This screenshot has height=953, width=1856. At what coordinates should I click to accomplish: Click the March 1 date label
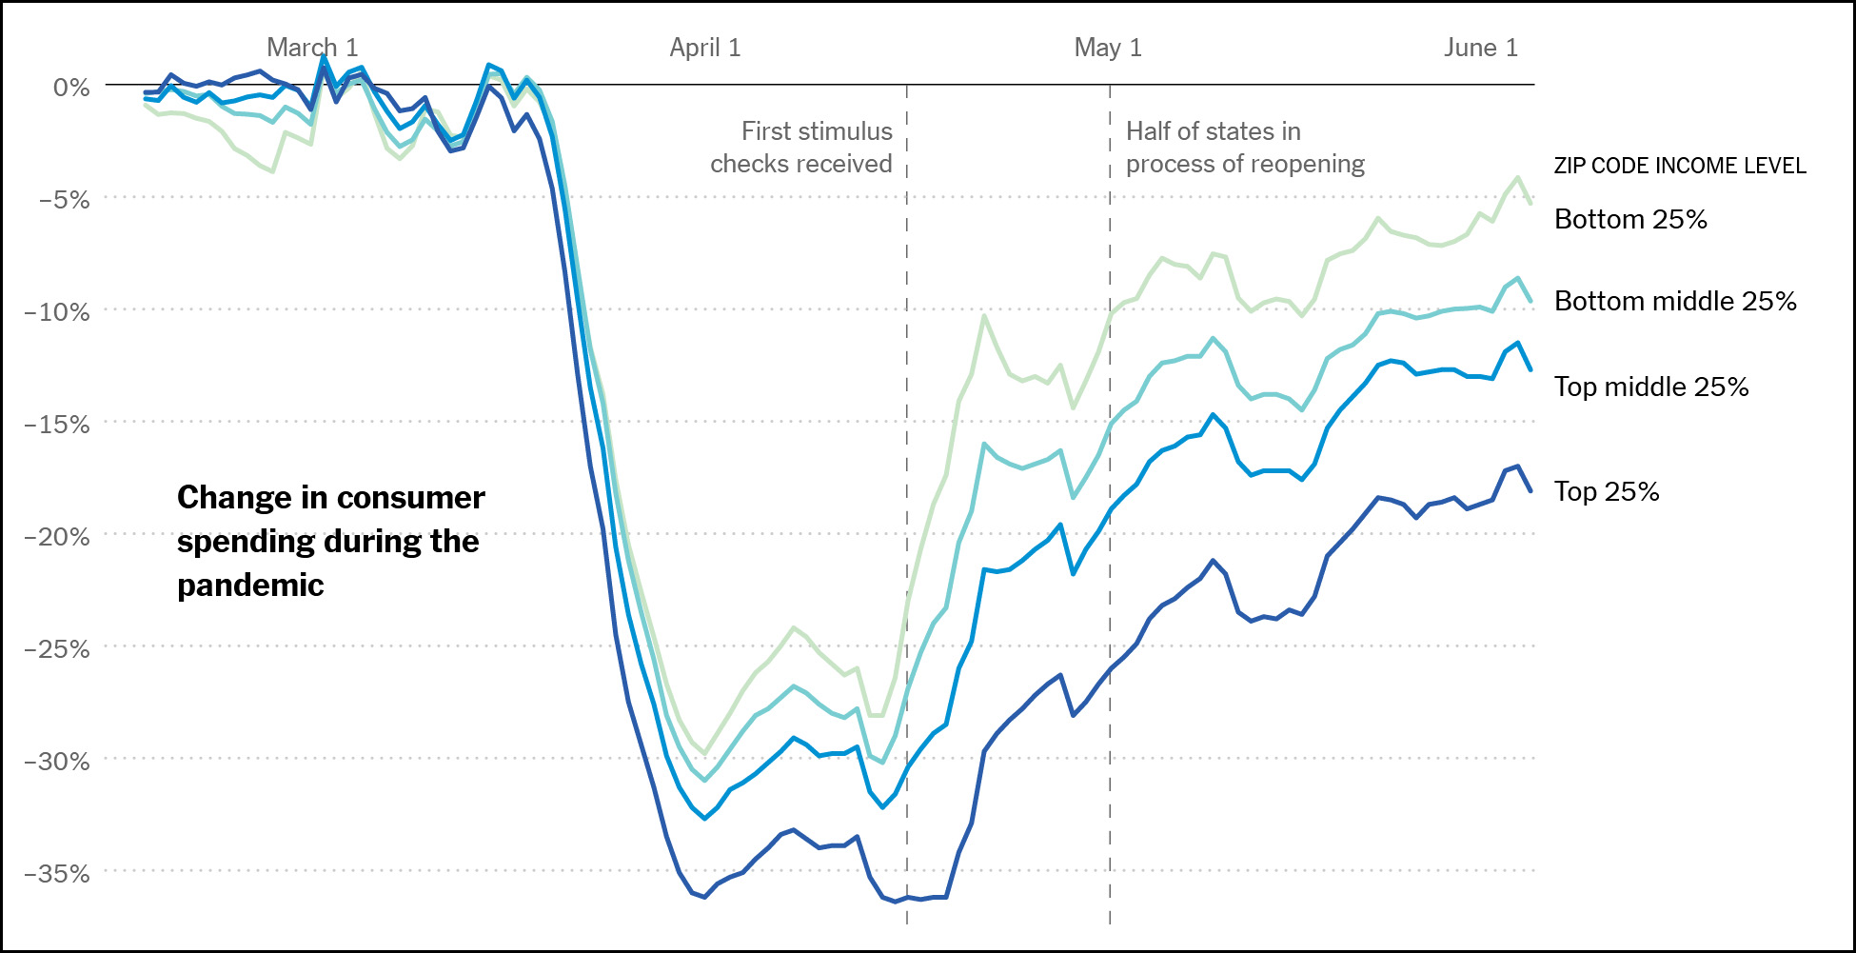pos(312,48)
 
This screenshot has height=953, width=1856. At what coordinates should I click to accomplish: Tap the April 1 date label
pos(704,48)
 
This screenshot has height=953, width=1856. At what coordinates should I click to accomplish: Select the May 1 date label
pos(1107,48)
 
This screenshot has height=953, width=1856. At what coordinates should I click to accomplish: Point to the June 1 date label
pos(1480,48)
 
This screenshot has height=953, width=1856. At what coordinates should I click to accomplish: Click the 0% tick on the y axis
pos(71,88)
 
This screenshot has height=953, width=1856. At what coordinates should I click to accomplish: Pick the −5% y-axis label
pos(64,200)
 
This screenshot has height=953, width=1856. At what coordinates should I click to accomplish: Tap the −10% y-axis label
pos(58,312)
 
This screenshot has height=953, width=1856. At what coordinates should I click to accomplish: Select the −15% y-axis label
pos(58,425)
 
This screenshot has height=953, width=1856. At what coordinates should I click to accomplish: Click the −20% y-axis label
pos(58,537)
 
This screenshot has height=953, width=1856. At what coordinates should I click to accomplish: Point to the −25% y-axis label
pos(58,649)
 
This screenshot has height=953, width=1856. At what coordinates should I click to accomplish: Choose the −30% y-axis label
pos(58,762)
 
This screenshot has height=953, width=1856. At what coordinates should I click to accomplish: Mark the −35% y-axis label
pos(58,874)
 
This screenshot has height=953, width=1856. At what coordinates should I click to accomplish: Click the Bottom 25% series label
pos(1630,219)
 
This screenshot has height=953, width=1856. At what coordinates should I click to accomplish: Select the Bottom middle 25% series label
pos(1675,301)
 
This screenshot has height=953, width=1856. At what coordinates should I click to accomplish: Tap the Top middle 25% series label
pos(1651,387)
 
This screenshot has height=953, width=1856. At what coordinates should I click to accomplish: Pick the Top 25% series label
pos(1607,491)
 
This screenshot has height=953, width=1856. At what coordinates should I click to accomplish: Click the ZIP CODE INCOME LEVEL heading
pos(1680,166)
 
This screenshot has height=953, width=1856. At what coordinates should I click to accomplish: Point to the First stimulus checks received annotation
pos(801,148)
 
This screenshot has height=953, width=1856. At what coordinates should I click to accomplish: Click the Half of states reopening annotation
pos(1245,148)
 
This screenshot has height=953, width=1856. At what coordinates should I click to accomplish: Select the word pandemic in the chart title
pos(250,585)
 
